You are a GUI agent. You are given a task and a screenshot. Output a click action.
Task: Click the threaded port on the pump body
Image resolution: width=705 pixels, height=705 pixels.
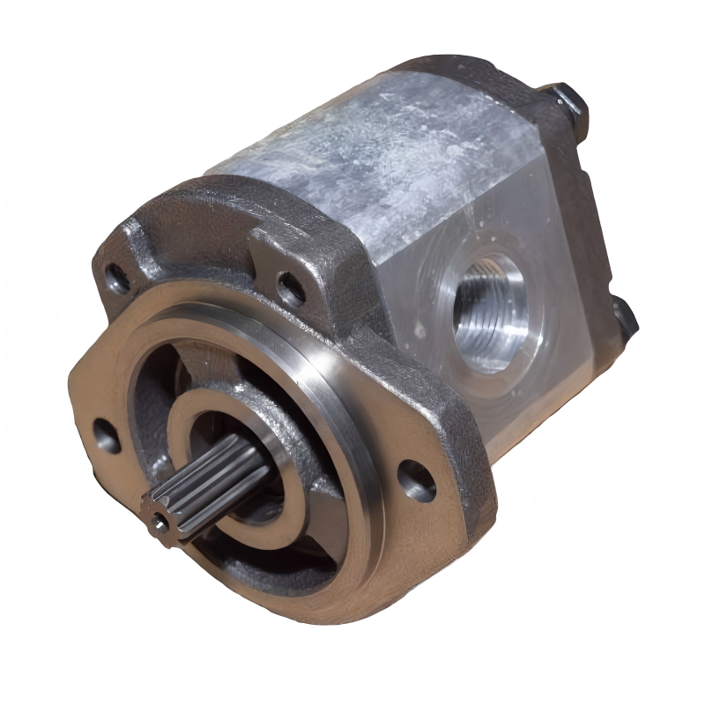coord(487,312)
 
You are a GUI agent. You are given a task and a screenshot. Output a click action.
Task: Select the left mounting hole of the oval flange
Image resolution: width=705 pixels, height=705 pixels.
coord(107,435)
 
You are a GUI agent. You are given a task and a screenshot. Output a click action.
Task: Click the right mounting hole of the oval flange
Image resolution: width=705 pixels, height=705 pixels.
coord(415,479)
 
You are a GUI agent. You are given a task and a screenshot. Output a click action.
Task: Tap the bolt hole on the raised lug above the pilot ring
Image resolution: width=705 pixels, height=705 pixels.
coord(290,289)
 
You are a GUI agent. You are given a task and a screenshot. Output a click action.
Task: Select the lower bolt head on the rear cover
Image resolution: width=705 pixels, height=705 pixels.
coord(624,315)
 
